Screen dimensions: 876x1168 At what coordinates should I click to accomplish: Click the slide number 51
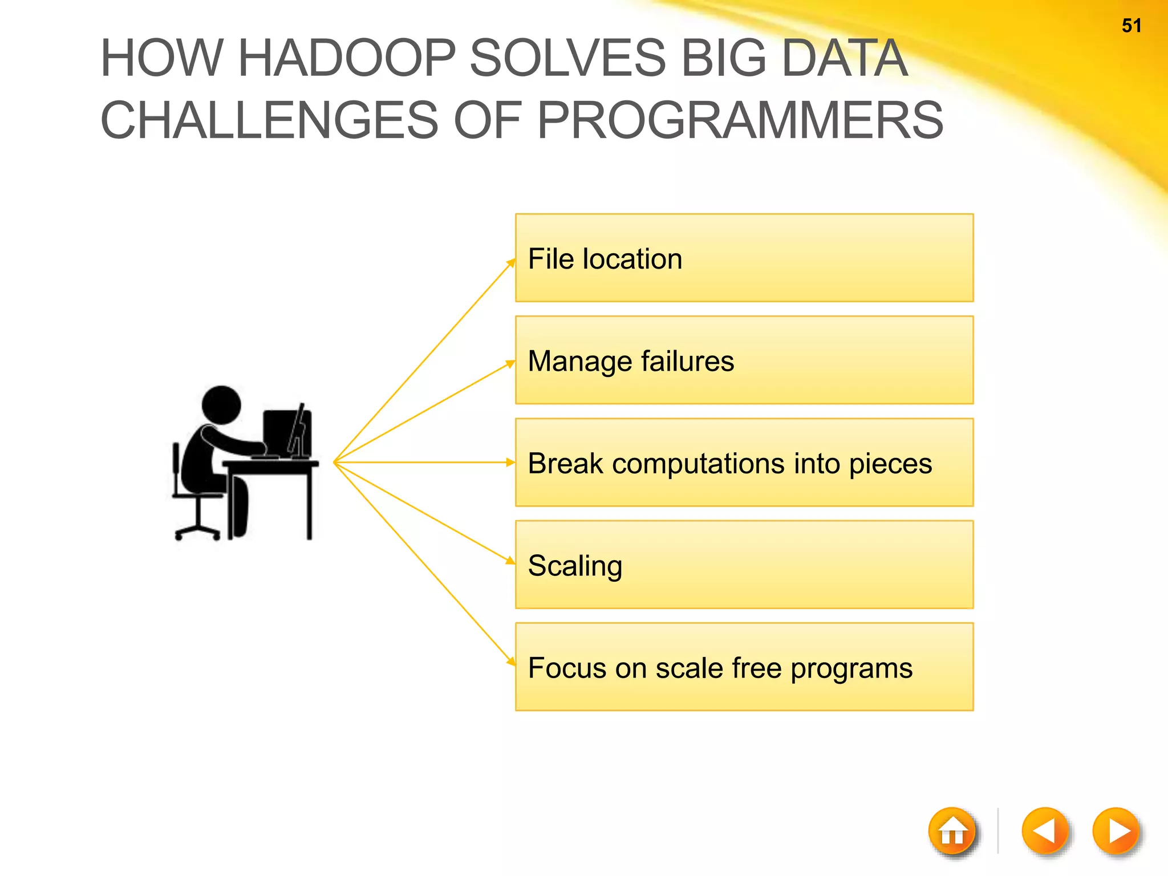pyautogui.click(x=1131, y=26)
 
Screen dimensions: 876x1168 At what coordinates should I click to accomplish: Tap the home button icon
pyautogui.click(x=952, y=832)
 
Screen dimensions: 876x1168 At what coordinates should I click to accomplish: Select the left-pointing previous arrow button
pyautogui.click(x=1045, y=832)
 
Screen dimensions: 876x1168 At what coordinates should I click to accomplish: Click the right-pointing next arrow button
pyautogui.click(x=1116, y=832)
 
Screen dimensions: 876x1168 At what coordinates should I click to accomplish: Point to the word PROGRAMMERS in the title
pyautogui.click(x=740, y=120)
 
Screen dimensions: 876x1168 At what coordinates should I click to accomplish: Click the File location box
pyautogui.click(x=744, y=258)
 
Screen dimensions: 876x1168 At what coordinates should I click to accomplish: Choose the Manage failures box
pyautogui.click(x=744, y=360)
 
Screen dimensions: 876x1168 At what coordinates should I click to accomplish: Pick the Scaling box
pyautogui.click(x=744, y=565)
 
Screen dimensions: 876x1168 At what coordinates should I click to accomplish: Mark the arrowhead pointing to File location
pyautogui.click(x=511, y=263)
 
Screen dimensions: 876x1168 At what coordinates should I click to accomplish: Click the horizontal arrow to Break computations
pyautogui.click(x=422, y=463)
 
